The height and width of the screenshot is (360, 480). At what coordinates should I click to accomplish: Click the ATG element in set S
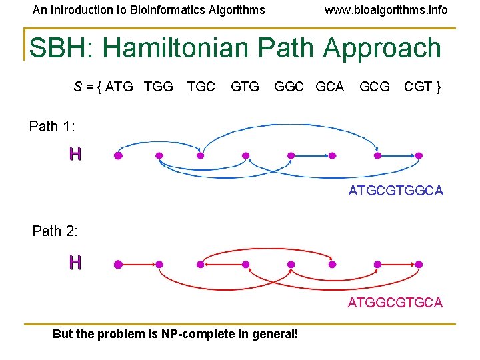(120, 87)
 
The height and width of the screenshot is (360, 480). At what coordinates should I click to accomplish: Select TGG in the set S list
(159, 87)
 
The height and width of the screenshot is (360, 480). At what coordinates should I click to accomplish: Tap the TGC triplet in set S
(201, 87)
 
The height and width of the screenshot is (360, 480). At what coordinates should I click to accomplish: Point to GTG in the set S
(245, 87)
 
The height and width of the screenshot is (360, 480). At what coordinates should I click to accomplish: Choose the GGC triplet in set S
(289, 87)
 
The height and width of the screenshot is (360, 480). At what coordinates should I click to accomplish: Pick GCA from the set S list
(329, 87)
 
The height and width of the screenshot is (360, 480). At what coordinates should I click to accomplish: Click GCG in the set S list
(375, 87)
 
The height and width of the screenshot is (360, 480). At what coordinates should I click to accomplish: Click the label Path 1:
(52, 127)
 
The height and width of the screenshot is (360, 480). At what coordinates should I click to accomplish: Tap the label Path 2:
(55, 231)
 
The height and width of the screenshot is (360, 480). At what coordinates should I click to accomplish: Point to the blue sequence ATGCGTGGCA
(395, 191)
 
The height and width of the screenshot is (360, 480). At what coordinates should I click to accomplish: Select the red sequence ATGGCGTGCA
(395, 303)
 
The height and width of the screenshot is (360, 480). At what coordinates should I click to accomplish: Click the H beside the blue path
(75, 155)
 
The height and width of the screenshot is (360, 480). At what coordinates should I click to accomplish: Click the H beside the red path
(75, 263)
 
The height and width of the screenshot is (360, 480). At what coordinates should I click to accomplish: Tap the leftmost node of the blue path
(118, 156)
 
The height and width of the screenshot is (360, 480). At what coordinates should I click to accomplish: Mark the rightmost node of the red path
(419, 265)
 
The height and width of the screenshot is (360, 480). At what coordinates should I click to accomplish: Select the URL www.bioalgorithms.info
(386, 10)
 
